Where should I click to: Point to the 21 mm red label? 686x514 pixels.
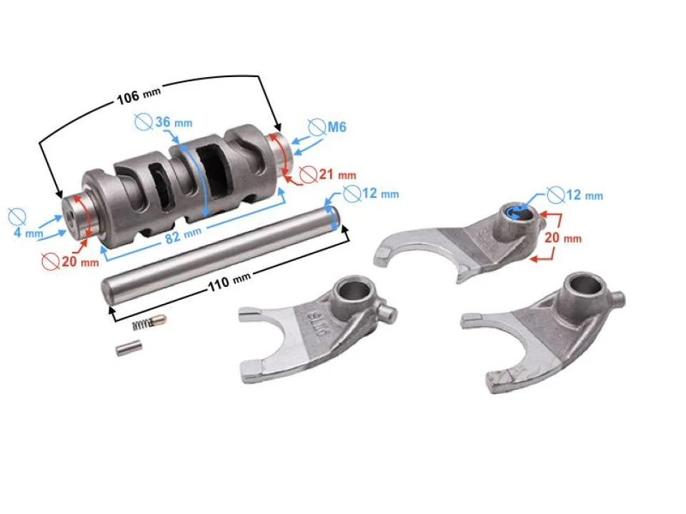(x=336, y=173)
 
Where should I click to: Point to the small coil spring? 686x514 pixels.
(x=146, y=324)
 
